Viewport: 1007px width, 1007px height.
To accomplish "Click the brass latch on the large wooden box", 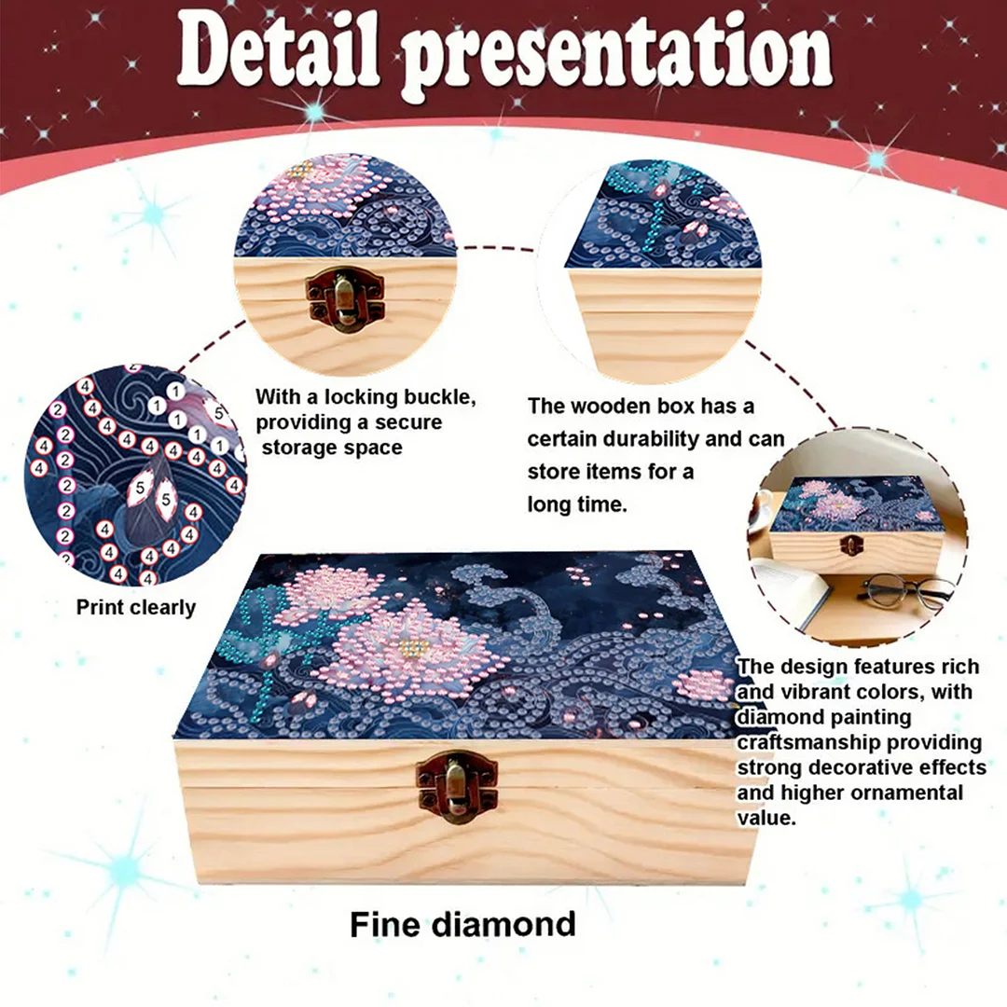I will (x=457, y=785).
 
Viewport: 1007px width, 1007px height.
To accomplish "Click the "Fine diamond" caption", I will (x=462, y=924).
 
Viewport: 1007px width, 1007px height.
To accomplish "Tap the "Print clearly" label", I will (x=136, y=608).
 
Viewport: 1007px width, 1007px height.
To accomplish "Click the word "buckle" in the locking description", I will (x=438, y=397).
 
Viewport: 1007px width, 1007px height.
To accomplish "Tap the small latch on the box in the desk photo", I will (x=849, y=545).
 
